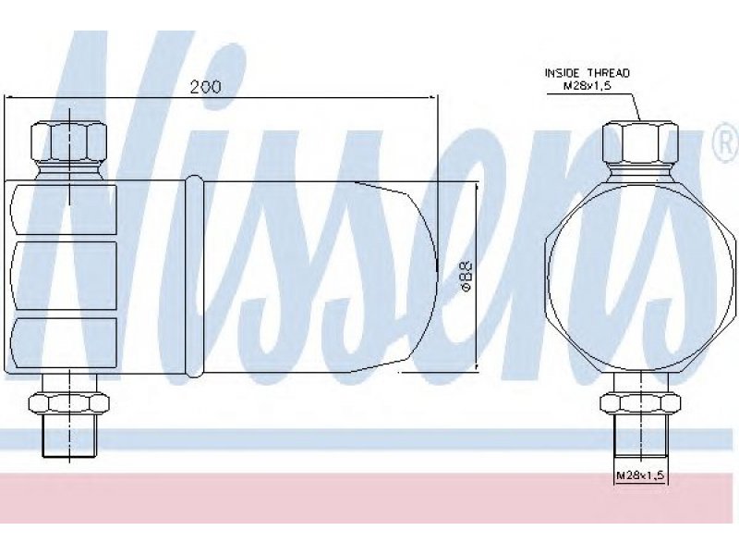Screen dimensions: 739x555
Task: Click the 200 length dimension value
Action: coord(205,86)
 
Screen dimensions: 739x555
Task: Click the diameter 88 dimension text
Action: coord(466,277)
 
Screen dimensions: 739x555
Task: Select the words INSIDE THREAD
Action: coord(587,73)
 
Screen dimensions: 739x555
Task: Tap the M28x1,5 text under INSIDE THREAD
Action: coord(588,86)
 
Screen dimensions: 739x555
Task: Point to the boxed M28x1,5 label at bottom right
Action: coord(640,475)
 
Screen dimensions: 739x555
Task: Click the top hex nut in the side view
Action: coord(68,142)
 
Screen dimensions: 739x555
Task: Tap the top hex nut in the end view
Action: coord(640,142)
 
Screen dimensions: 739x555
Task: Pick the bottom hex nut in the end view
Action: coord(640,403)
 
